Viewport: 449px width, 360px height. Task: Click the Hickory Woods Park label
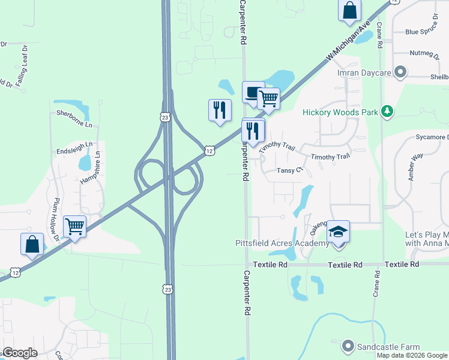pyautogui.click(x=340, y=112)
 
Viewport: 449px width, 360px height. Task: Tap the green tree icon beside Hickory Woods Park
pyautogui.click(x=388, y=111)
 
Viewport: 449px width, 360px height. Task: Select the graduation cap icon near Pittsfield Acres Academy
pyautogui.click(x=338, y=231)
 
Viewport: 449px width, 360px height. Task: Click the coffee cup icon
pyautogui.click(x=253, y=92)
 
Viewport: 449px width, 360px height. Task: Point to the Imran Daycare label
pyautogui.click(x=366, y=73)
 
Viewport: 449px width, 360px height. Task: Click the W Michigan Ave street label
pyautogui.click(x=348, y=42)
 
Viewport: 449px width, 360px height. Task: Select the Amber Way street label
pyautogui.click(x=415, y=166)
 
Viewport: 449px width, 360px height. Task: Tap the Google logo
pyautogui.click(x=20, y=353)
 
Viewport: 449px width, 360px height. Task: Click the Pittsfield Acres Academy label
pyautogui.click(x=282, y=244)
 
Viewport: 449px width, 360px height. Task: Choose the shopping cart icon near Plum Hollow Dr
pyautogui.click(x=75, y=227)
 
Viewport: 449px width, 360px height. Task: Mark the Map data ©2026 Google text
pyautogui.click(x=411, y=355)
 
